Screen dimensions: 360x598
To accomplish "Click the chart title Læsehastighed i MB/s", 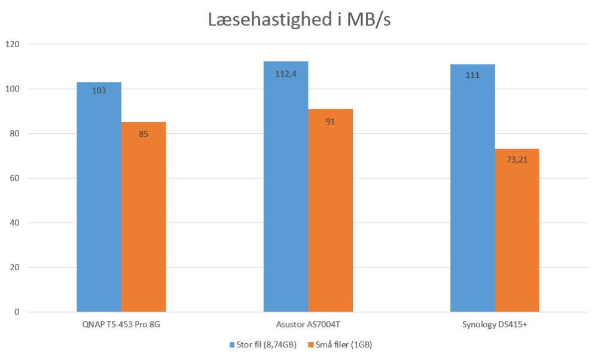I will tap(299, 20).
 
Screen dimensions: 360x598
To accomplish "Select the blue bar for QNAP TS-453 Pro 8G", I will tap(99, 197).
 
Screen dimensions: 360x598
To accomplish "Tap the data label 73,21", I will tap(517, 160).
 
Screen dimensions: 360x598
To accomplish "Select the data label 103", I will tap(99, 91).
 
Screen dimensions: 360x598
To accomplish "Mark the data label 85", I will tap(144, 134).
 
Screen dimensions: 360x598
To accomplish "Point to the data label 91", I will tap(330, 121).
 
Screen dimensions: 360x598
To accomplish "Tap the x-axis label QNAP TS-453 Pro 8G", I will tap(121, 325).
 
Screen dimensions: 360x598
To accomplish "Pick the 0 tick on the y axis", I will tap(17, 312).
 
